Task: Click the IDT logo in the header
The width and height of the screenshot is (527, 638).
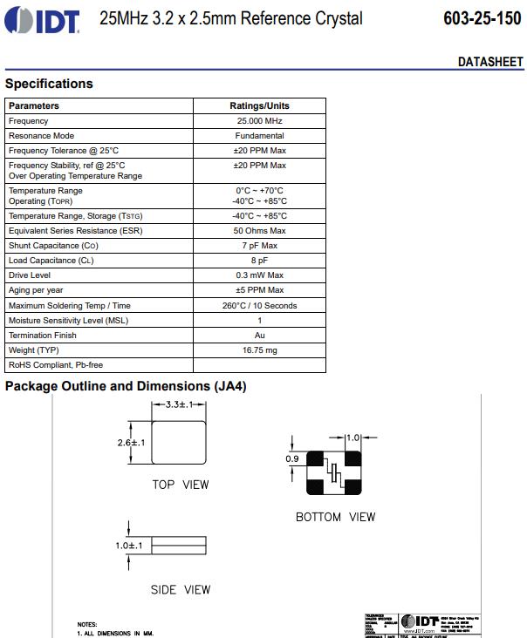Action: [x=44, y=19]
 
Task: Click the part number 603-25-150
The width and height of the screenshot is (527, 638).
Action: [x=483, y=19]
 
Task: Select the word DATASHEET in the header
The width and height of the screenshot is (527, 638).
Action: [x=490, y=62]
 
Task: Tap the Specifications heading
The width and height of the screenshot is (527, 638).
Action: [x=49, y=84]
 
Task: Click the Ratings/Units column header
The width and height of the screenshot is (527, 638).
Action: [x=259, y=105]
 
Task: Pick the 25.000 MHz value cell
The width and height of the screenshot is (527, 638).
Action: [x=259, y=121]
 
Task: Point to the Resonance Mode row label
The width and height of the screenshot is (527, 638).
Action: [x=41, y=136]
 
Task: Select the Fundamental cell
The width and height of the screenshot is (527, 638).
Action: [x=259, y=136]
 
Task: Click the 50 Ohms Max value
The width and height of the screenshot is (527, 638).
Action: [x=259, y=231]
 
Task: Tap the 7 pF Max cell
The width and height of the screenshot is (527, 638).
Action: [x=259, y=246]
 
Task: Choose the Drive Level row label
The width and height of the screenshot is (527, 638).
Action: [x=30, y=275]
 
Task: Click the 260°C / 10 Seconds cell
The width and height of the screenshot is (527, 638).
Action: [x=259, y=306]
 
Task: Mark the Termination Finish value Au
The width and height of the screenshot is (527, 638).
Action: [x=259, y=336]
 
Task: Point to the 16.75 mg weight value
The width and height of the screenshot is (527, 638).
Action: [x=259, y=350]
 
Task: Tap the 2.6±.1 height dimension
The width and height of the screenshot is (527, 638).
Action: [x=130, y=443]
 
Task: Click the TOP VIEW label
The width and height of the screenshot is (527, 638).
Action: [x=181, y=485]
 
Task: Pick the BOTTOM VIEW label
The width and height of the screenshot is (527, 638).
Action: [x=335, y=517]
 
